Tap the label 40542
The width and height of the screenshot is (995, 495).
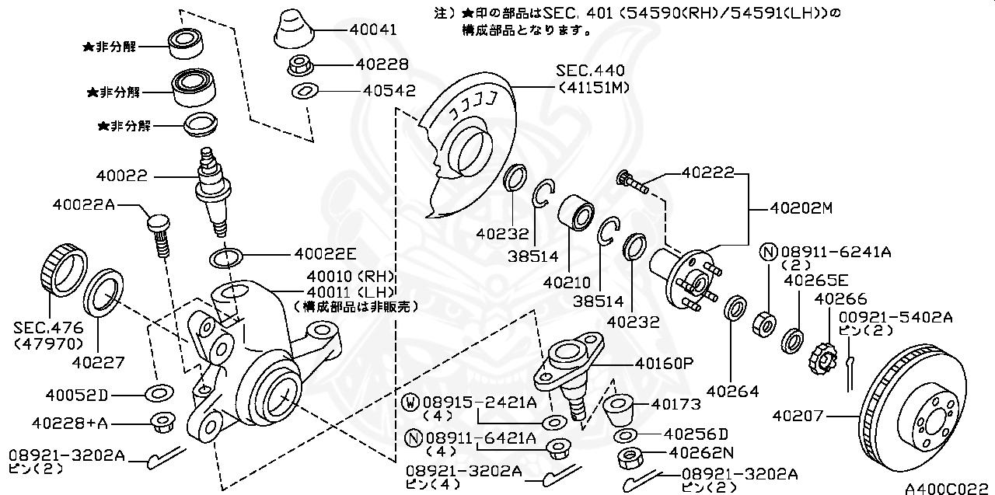click(x=389, y=91)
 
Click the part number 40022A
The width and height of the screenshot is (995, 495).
click(x=83, y=204)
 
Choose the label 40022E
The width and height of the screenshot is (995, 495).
click(x=325, y=253)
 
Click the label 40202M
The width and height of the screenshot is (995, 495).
click(x=801, y=208)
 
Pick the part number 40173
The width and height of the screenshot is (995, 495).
click(x=676, y=404)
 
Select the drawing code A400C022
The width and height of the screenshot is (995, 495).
click(x=948, y=487)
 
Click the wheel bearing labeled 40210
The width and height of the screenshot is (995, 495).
click(x=576, y=212)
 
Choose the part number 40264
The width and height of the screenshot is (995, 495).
click(x=733, y=392)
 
